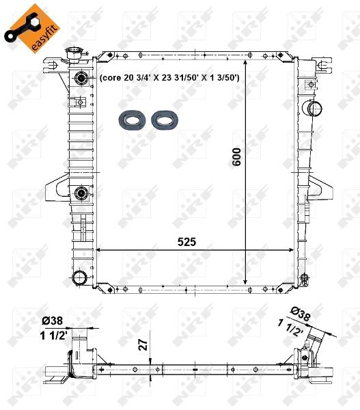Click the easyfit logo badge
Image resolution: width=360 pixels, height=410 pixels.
[32, 29]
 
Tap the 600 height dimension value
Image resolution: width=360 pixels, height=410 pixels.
[236, 157]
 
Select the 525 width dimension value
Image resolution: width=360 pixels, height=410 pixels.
[186, 242]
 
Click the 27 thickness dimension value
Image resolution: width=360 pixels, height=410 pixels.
[143, 345]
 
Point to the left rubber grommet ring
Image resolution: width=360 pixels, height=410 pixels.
[132, 120]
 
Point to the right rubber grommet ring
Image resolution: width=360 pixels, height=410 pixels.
[165, 120]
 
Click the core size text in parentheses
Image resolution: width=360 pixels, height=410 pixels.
[169, 78]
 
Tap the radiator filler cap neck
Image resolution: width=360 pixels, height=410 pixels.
[73, 55]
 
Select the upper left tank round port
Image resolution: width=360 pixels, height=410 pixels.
[81, 78]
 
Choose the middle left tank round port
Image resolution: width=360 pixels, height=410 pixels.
[81, 193]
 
